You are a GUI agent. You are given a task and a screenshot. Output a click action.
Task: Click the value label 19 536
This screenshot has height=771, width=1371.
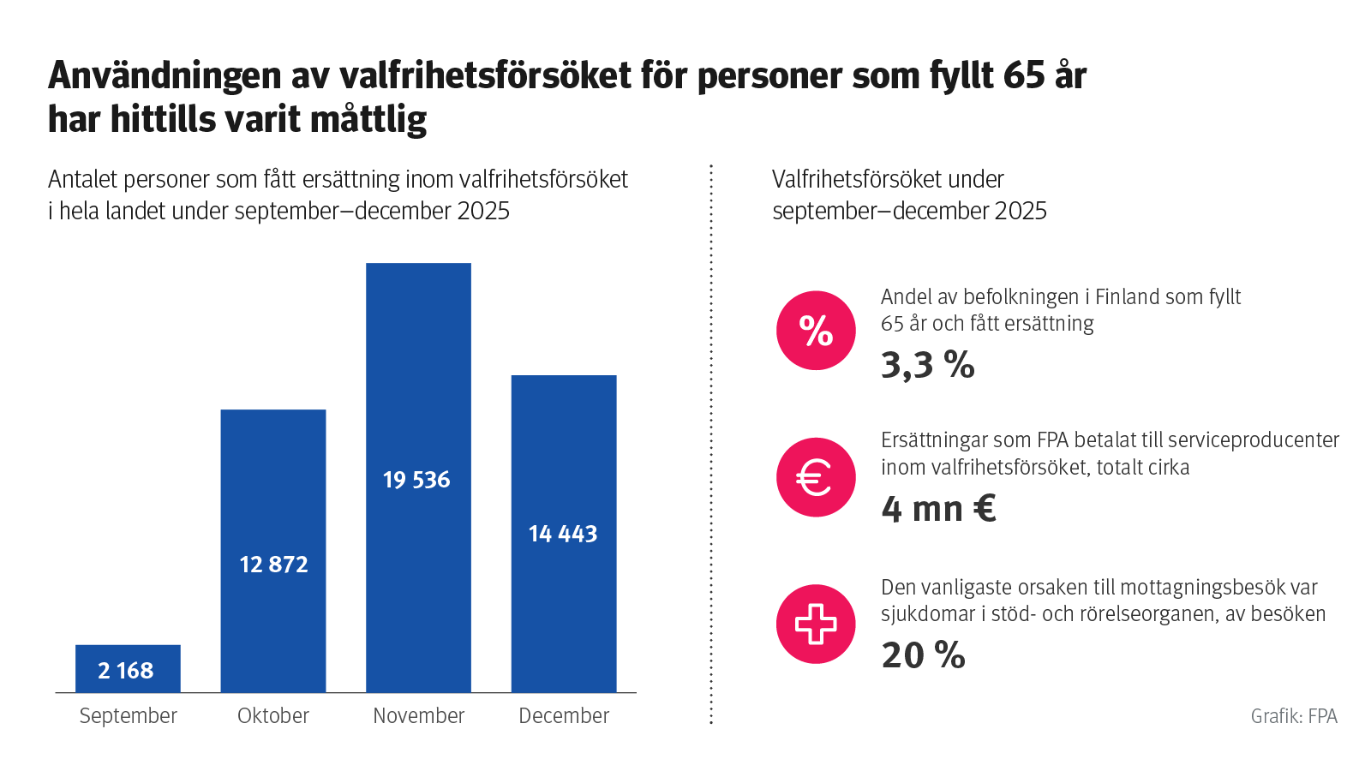pyautogui.click(x=416, y=480)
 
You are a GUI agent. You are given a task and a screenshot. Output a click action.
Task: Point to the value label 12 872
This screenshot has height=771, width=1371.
pyautogui.click(x=273, y=565)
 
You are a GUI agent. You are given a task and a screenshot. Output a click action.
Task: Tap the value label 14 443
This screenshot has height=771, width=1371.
pyautogui.click(x=563, y=534)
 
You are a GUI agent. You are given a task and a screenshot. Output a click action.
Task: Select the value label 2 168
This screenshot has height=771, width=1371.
pyautogui.click(x=126, y=671)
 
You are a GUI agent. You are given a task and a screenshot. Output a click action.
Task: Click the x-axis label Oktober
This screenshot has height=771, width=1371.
pyautogui.click(x=273, y=715)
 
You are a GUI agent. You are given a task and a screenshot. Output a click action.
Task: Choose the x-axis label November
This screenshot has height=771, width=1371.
pyautogui.click(x=418, y=715)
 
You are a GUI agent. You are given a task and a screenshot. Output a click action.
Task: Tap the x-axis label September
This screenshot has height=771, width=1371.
pyautogui.click(x=128, y=715)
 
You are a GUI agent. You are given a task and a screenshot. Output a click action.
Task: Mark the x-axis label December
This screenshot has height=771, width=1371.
pyautogui.click(x=564, y=715)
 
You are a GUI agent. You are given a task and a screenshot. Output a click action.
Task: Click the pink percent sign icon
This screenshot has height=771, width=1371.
pyautogui.click(x=816, y=331)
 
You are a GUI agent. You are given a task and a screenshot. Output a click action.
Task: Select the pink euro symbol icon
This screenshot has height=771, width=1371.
pyautogui.click(x=816, y=477)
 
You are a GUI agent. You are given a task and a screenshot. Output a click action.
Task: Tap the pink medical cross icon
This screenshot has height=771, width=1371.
pyautogui.click(x=816, y=624)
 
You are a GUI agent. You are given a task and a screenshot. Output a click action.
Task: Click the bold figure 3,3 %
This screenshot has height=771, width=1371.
pyautogui.click(x=928, y=366)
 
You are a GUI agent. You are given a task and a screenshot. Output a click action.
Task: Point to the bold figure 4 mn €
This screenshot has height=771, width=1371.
pyautogui.click(x=938, y=509)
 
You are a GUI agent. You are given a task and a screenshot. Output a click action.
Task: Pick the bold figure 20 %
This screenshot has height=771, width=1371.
pyautogui.click(x=924, y=655)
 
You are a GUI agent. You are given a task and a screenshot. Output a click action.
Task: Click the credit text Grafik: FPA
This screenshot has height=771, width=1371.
pyautogui.click(x=1294, y=716)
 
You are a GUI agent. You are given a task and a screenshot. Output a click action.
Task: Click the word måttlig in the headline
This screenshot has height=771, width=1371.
pyautogui.click(x=368, y=119)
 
